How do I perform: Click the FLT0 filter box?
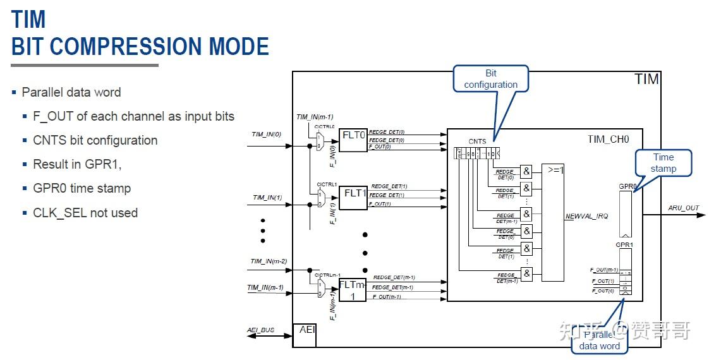353,140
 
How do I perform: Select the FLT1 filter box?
353,197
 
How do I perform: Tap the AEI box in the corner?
304,335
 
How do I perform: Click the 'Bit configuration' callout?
490,79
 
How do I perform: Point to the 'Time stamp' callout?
663,163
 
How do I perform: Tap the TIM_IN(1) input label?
267,197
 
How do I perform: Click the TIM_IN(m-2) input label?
269,261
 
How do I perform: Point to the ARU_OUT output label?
684,208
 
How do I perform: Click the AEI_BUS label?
261,330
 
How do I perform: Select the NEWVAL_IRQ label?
586,216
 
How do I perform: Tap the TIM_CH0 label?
608,140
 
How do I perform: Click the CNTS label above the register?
477,141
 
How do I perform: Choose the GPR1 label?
624,244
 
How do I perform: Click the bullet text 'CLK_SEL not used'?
85,213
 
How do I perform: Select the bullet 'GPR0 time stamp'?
82,188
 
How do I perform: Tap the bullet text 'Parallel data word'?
71,92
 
